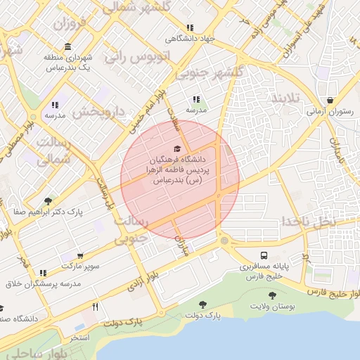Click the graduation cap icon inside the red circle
click(177, 148)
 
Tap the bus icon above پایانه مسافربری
click(264, 255)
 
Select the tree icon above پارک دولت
click(203, 305)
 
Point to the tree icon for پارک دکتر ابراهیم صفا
click(48, 201)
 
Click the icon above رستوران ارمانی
click(330, 100)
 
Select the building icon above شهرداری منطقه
click(67, 47)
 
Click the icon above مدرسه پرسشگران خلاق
click(43, 273)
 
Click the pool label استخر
click(79, 338)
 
